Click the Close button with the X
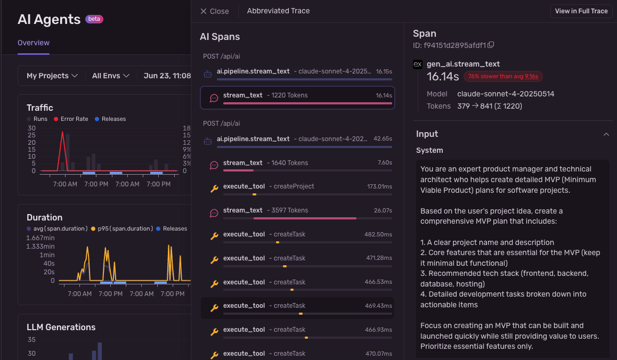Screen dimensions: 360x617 click(214, 11)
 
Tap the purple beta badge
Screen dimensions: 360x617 click(94, 19)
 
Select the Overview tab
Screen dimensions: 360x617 click(34, 43)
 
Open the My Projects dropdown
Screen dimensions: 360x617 click(52, 76)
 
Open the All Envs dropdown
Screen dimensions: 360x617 click(111, 76)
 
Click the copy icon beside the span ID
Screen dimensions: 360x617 click(491, 45)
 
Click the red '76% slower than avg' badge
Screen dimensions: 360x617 click(503, 76)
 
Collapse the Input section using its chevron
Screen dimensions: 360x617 click(606, 134)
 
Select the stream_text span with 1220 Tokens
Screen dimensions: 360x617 click(297, 97)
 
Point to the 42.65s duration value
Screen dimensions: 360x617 click(383, 139)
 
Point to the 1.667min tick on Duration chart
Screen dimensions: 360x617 click(40, 238)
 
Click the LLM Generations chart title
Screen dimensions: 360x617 click(61, 327)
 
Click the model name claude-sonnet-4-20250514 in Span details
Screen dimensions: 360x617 click(506, 94)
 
